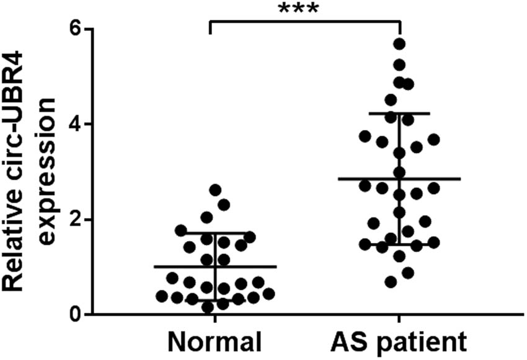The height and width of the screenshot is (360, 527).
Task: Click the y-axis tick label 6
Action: (76, 29)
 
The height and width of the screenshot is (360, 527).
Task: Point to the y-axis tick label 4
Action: (76, 124)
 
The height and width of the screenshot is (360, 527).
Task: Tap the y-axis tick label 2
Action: (76, 219)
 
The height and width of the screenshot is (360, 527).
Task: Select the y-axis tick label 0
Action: (76, 314)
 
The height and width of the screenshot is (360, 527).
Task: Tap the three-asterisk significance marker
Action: (305, 9)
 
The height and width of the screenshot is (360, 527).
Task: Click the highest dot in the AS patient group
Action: (400, 43)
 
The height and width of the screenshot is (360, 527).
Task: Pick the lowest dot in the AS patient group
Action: (391, 282)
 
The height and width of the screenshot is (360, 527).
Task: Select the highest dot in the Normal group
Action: (215, 190)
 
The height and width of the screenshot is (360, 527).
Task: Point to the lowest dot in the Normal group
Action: (208, 306)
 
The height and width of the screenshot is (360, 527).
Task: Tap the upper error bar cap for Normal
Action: (186, 234)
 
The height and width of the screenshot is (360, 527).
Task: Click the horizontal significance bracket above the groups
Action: (305, 21)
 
